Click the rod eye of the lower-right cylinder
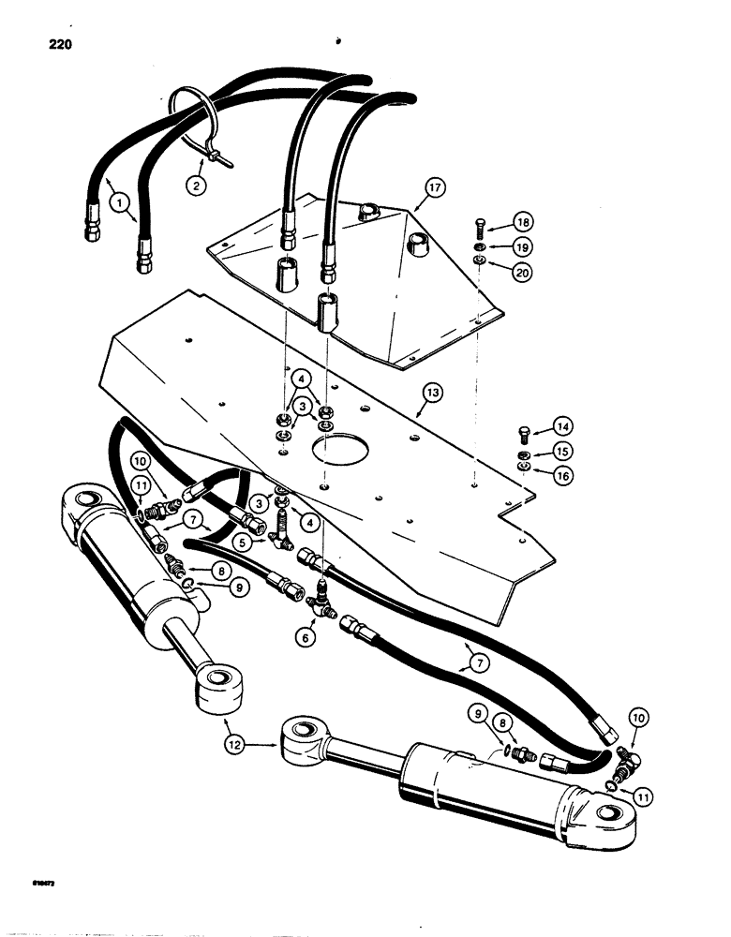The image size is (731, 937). tap(300, 734)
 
